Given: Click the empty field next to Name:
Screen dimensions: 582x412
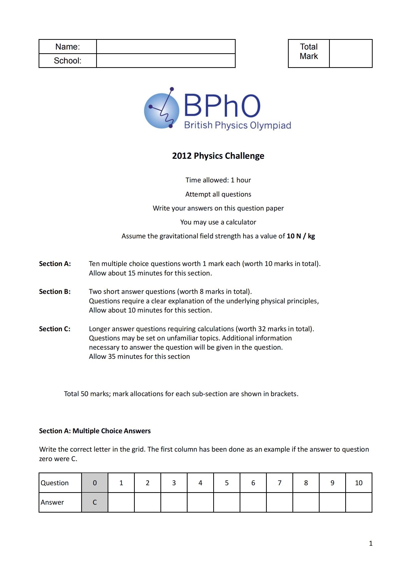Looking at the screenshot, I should click(x=166, y=47).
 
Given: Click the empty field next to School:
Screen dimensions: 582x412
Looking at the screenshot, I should click(x=166, y=60).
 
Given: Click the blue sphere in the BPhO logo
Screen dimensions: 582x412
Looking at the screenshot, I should click(x=161, y=111).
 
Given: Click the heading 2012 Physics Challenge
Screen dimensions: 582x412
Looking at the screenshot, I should click(x=218, y=156).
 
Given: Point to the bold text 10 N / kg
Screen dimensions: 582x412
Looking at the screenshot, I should click(x=301, y=236).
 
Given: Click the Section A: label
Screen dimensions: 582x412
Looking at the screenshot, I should click(x=55, y=264).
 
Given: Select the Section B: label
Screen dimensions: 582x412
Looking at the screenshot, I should click(x=55, y=292).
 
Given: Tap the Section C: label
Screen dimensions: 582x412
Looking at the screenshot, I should click(x=55, y=329).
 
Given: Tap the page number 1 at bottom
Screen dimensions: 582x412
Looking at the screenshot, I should click(x=370, y=543).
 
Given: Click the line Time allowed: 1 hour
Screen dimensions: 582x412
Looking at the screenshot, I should click(x=218, y=180).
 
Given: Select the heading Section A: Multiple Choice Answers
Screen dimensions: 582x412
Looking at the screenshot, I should click(x=95, y=431).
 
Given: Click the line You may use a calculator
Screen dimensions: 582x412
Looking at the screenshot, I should click(x=218, y=222).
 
